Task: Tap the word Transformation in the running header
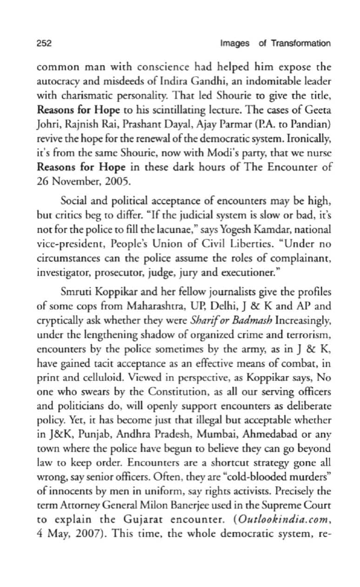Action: [x=301, y=43]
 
